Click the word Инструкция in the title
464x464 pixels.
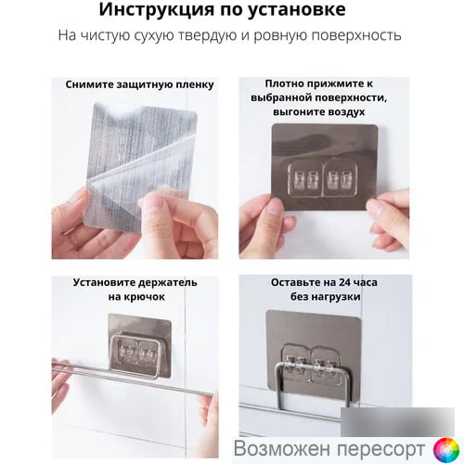tap(157, 10)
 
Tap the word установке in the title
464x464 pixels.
tap(297, 10)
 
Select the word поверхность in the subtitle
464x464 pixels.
tap(356, 36)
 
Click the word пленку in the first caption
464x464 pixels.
tap(195, 85)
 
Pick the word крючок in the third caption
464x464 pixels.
tap(145, 297)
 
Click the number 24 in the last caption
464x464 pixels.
tap(345, 282)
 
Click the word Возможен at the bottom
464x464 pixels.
tap(283, 448)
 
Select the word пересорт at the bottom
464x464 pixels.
tap(381, 449)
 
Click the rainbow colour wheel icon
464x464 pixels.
tap(446, 450)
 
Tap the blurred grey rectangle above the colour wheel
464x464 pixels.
tap(397, 422)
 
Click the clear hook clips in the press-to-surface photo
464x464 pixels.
tap(323, 179)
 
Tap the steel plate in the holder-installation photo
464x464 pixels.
tap(140, 345)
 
